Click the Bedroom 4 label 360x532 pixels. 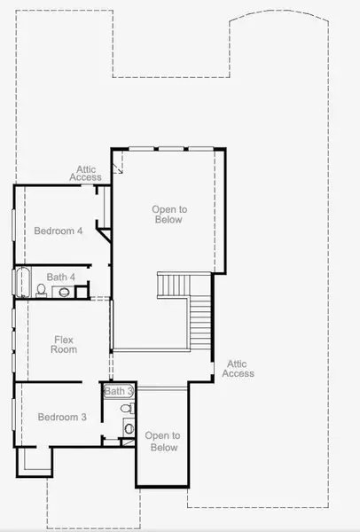pyautogui.click(x=59, y=231)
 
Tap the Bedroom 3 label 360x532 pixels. pyautogui.click(x=61, y=417)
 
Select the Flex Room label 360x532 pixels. pyautogui.click(x=65, y=344)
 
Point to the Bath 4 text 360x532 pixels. pyautogui.click(x=61, y=278)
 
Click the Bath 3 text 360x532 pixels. pyautogui.click(x=118, y=391)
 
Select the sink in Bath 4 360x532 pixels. pyautogui.click(x=64, y=291)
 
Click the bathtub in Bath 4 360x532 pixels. pyautogui.click(x=22, y=283)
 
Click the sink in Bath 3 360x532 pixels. pyautogui.click(x=129, y=429)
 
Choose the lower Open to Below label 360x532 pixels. pyautogui.click(x=162, y=441)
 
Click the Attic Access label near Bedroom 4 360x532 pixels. pyautogui.click(x=86, y=173)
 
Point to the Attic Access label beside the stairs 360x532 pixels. pyautogui.click(x=238, y=368)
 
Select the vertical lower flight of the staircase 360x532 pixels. pyautogui.click(x=202, y=324)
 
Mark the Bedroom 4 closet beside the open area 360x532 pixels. pyautogui.click(x=101, y=207)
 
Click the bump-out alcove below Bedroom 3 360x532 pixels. pyautogui.click(x=35, y=459)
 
